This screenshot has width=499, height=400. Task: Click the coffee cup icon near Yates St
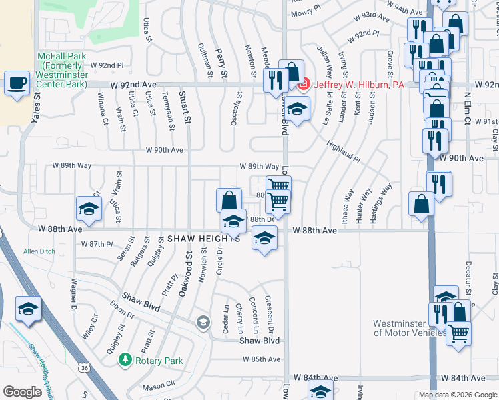pyautogui.click(x=17, y=83)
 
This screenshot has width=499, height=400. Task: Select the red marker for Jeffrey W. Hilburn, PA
pyautogui.click(x=303, y=85)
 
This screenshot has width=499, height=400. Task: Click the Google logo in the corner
pyautogui.click(x=22, y=392)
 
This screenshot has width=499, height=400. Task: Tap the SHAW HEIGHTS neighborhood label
pyautogui.click(x=203, y=238)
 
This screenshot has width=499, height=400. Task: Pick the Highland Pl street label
pyautogui.click(x=344, y=150)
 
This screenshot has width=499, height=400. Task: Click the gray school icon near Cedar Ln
pyautogui.click(x=202, y=323)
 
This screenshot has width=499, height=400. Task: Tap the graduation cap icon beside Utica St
pyautogui.click(x=89, y=208)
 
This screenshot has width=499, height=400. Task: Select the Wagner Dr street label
pyautogui.click(x=71, y=288)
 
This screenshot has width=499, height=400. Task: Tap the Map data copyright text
pyautogui.click(x=457, y=395)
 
